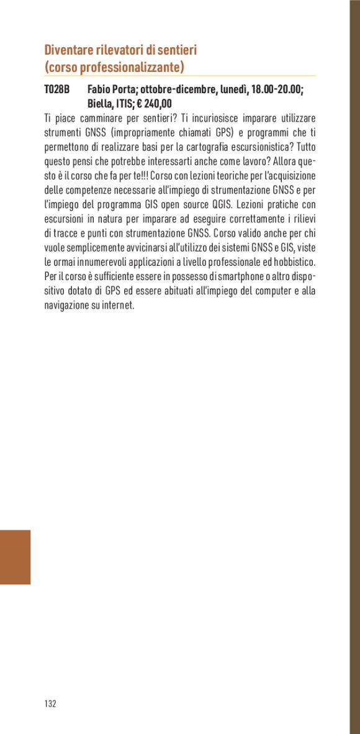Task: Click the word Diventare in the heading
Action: (x=68, y=50)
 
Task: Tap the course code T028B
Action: (x=56, y=90)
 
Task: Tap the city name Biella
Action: (x=102, y=104)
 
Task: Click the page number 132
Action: (x=50, y=704)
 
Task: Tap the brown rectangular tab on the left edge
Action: (x=15, y=557)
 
